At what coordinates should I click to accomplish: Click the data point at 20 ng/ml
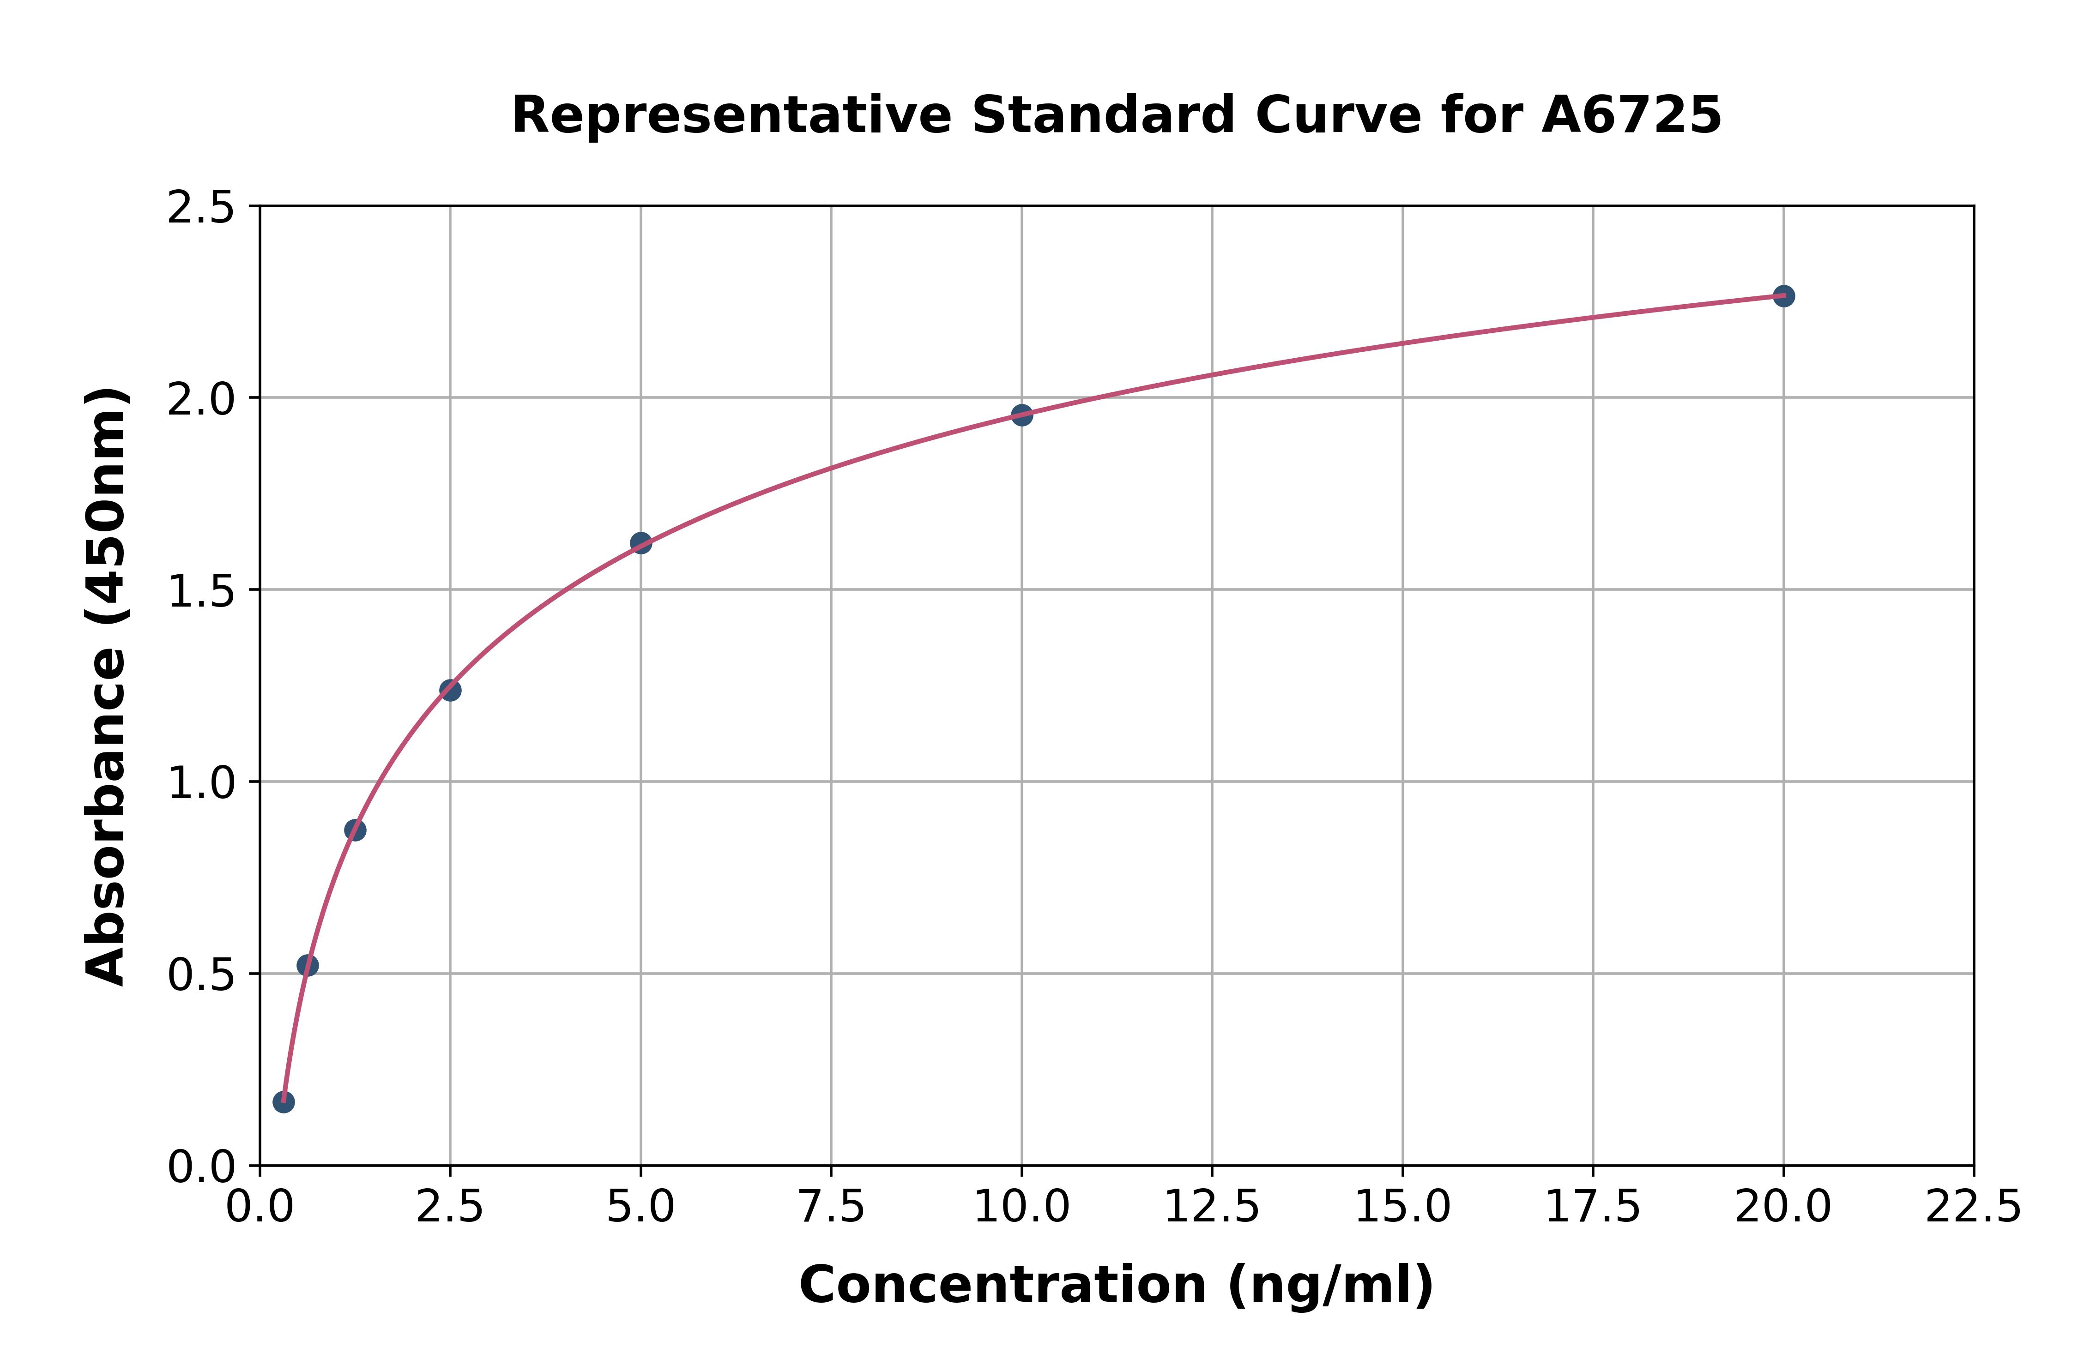(1783, 296)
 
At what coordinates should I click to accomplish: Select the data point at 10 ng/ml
(1021, 415)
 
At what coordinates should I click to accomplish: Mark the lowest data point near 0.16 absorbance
(284, 1102)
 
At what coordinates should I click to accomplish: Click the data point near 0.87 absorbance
(355, 830)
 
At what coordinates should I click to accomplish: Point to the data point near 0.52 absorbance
(307, 965)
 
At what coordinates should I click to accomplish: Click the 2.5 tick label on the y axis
(201, 208)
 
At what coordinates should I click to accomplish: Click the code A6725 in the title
(1631, 115)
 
